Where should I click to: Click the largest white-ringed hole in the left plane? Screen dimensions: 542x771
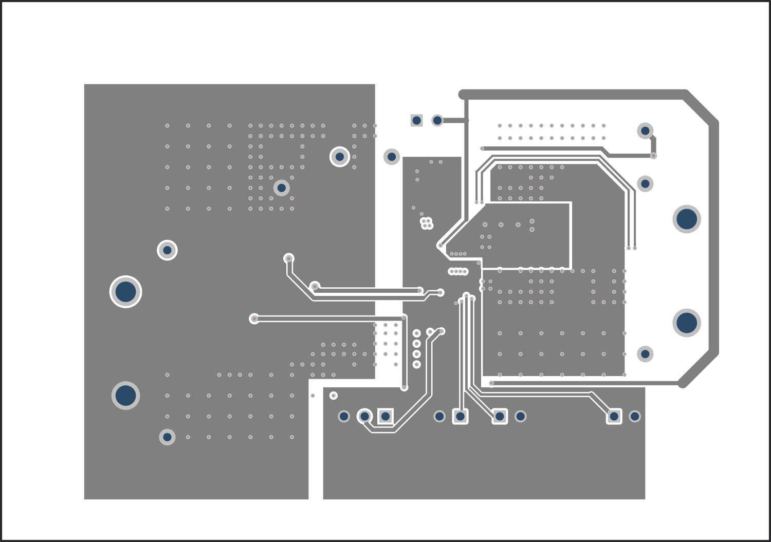[x=125, y=292]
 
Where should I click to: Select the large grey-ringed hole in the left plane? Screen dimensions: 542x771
[x=125, y=396]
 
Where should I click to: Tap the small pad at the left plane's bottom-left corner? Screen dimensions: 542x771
[x=167, y=437]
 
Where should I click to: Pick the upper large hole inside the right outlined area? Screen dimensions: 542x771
[x=687, y=219]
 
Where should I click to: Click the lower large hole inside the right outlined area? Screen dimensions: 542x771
[x=687, y=323]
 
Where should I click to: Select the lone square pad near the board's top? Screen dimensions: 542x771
[x=417, y=121]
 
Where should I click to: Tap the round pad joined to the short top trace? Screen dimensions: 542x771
[x=437, y=121]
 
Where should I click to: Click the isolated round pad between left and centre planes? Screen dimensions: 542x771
[x=392, y=157]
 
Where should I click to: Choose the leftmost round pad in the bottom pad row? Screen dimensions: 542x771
[x=344, y=416]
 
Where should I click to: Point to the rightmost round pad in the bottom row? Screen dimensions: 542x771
[x=635, y=416]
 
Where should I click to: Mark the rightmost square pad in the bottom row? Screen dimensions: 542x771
[x=614, y=416]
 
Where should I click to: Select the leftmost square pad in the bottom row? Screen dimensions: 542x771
[x=385, y=416]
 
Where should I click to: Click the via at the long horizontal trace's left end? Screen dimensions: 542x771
[x=254, y=319]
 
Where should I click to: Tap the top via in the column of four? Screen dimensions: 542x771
[x=417, y=333]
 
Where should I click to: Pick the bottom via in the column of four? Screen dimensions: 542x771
[x=417, y=365]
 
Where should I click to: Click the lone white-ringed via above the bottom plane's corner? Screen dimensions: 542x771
[x=334, y=396]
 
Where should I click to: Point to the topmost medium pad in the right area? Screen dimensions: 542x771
[x=645, y=130]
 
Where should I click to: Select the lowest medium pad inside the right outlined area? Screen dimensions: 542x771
[x=645, y=354]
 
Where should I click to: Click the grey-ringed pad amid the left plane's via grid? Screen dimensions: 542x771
[x=281, y=188]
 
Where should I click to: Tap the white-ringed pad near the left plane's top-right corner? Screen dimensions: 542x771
[x=340, y=157]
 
